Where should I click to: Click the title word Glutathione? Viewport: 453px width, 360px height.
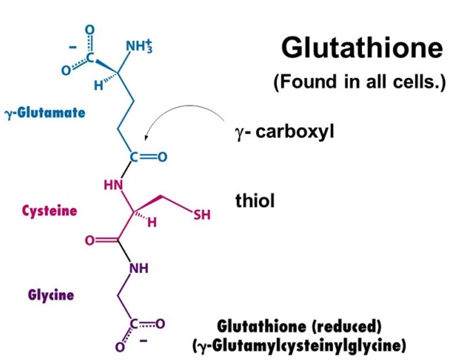coord(361,48)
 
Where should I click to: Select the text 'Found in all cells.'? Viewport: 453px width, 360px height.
coord(360,84)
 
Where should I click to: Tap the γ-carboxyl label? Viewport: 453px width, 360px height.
coord(285,131)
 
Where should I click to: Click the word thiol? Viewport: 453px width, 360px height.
coord(255,201)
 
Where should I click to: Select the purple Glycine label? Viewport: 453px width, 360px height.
coord(51,295)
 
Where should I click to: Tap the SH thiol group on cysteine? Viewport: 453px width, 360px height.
coord(202,216)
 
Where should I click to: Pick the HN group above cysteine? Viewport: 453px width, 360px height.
coord(112,185)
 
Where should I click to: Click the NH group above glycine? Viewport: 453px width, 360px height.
coord(139,267)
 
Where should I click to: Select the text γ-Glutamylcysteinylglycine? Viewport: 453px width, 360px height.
coord(298,343)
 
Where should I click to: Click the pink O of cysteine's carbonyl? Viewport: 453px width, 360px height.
coord(89,241)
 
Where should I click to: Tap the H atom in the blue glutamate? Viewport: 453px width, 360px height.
coord(99,86)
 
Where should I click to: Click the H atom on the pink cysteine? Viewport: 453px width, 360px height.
coord(153,223)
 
